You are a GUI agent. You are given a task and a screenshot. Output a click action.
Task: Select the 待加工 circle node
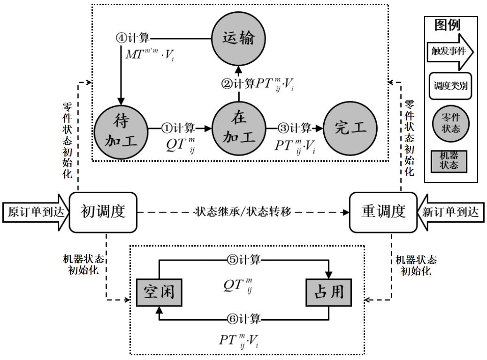(x=121, y=128)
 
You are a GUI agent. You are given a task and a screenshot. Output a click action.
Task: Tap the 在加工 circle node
(x=239, y=128)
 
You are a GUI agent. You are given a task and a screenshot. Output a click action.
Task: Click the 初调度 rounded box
(x=103, y=212)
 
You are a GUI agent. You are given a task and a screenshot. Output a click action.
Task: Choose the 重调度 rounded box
(x=383, y=212)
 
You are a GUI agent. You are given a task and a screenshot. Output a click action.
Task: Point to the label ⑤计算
(x=244, y=259)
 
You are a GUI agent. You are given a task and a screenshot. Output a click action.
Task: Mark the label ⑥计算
(x=244, y=320)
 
